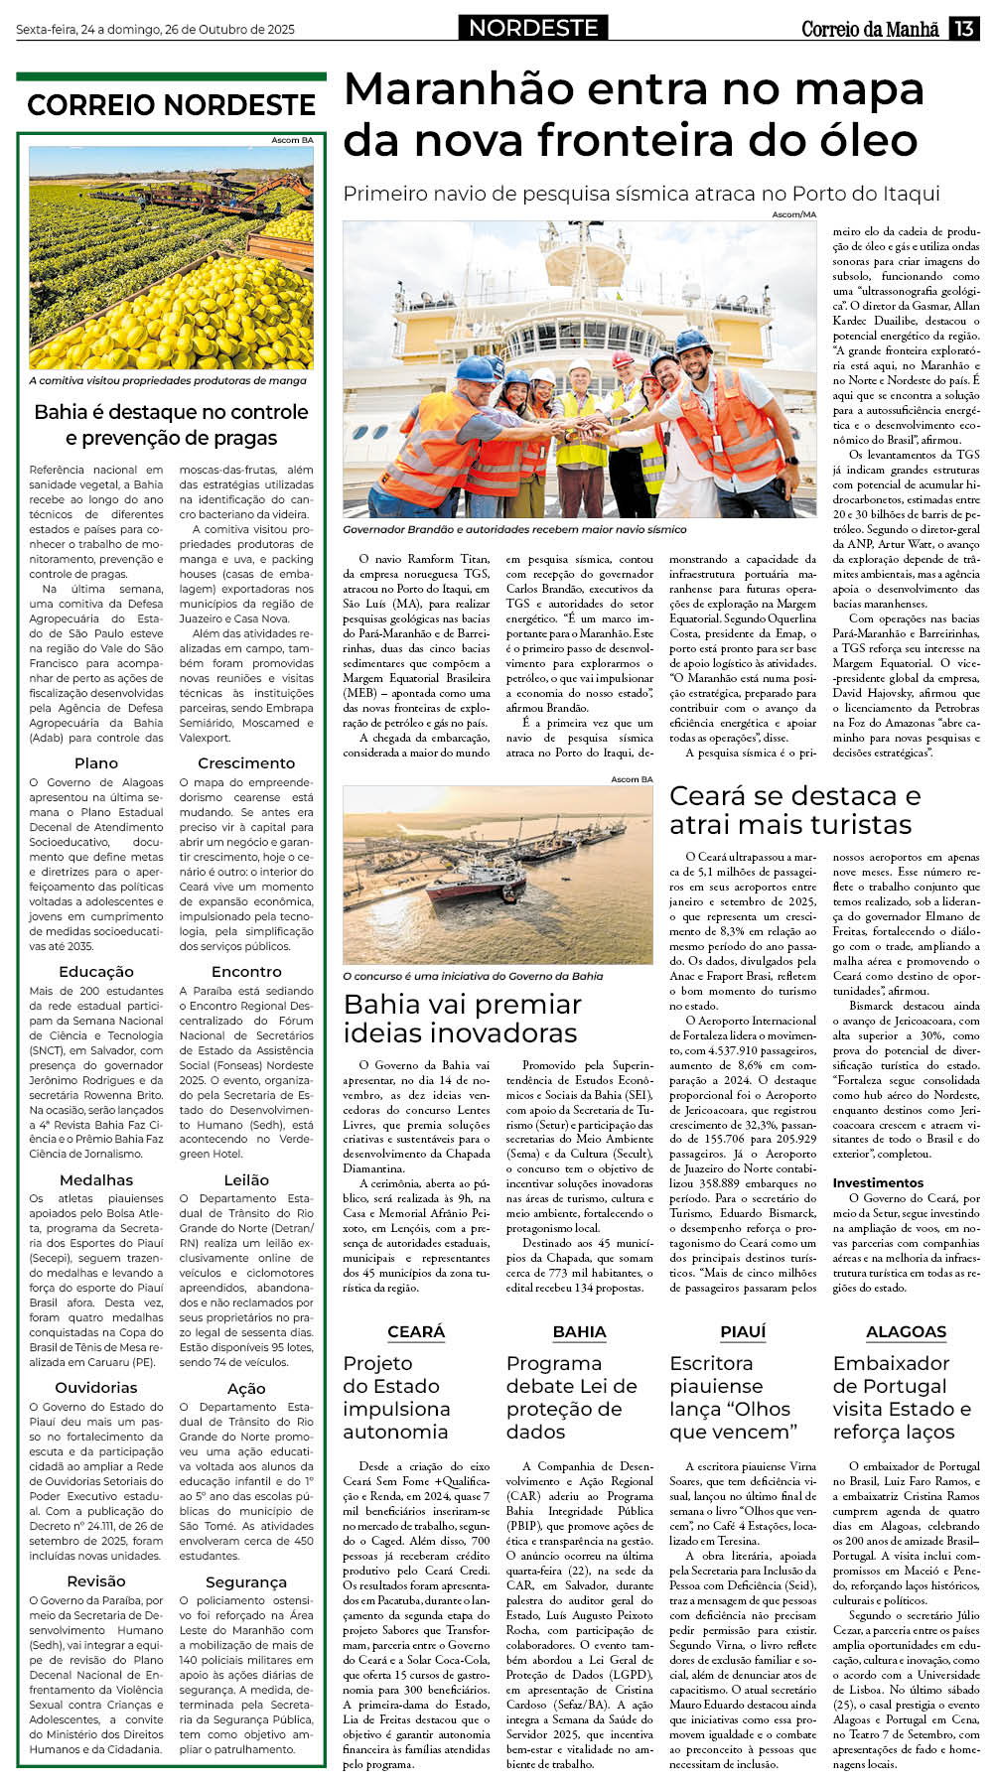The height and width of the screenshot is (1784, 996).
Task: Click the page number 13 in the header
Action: pyautogui.click(x=964, y=29)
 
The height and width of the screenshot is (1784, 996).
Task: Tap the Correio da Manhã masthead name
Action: pyautogui.click(x=870, y=30)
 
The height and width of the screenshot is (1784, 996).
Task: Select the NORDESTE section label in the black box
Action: pyautogui.click(x=533, y=29)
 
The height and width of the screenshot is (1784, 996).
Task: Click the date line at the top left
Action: pyautogui.click(x=155, y=30)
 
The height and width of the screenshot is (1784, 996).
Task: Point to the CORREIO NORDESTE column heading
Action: pyautogui.click(x=171, y=105)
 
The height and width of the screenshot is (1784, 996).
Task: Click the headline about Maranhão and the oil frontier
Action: pyautogui.click(x=633, y=115)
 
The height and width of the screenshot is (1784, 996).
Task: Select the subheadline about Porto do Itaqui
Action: pyautogui.click(x=640, y=194)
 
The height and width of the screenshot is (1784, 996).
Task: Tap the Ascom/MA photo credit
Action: pyautogui.click(x=793, y=214)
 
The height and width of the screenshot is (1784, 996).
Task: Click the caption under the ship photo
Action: pyautogui.click(x=514, y=530)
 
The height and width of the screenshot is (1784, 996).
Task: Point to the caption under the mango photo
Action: pyautogui.click(x=168, y=380)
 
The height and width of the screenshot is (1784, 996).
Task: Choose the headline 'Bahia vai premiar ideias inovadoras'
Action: pyautogui.click(x=462, y=1019)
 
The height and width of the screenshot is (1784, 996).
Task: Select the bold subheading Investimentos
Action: pyautogui.click(x=878, y=1182)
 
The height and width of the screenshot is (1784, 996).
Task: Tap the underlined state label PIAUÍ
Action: pyautogui.click(x=743, y=1332)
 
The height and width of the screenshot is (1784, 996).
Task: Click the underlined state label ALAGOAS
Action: pyautogui.click(x=906, y=1332)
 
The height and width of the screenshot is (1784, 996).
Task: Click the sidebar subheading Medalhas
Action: pyautogui.click(x=96, y=1180)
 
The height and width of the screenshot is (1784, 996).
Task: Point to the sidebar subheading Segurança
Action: pyautogui.click(x=246, y=1582)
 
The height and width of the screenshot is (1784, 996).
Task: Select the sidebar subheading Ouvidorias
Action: pyautogui.click(x=96, y=1388)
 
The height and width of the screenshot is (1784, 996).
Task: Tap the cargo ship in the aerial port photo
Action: pyautogui.click(x=477, y=882)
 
